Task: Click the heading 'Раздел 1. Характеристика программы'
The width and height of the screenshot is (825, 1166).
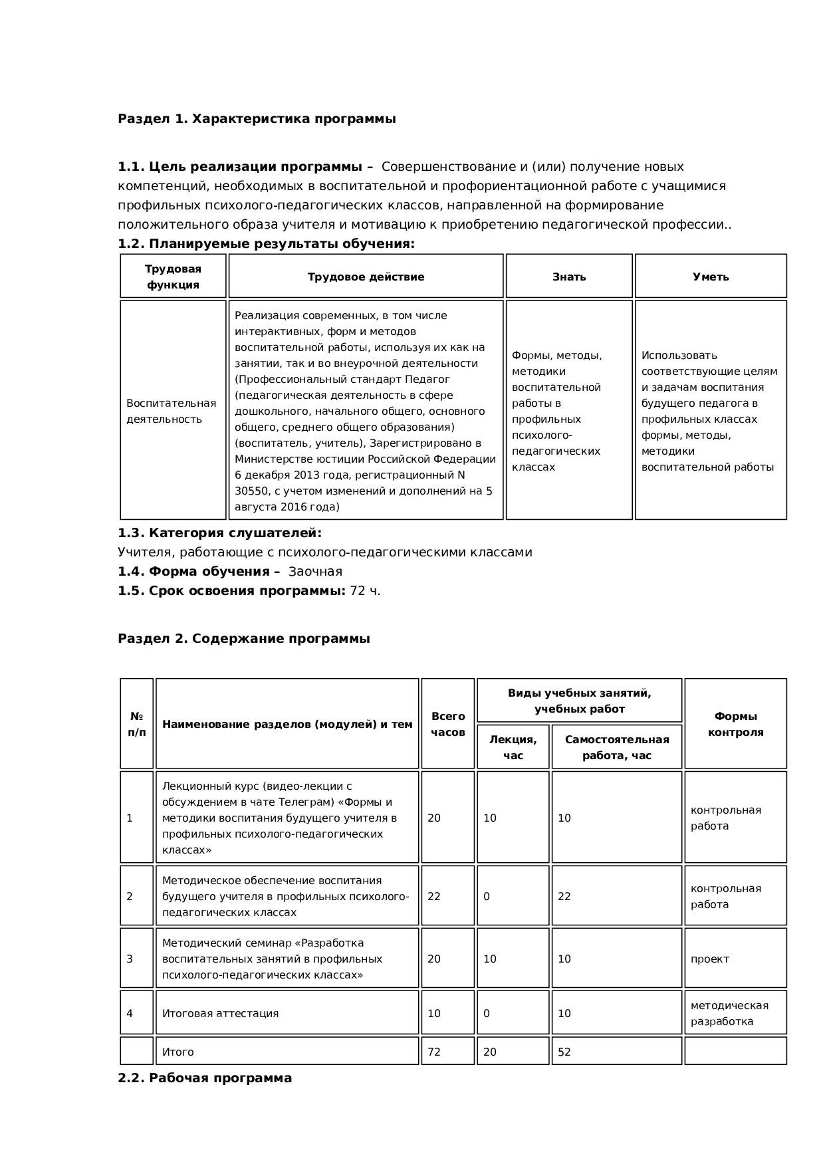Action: tap(257, 119)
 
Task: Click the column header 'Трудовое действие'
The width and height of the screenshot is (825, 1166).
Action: tap(366, 277)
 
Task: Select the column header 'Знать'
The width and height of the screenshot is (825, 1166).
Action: tap(569, 277)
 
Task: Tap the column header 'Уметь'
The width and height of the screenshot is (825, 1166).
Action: tap(711, 277)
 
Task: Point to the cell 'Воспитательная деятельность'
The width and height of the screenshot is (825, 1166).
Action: tap(172, 411)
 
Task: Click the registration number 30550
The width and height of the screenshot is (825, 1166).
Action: tap(250, 491)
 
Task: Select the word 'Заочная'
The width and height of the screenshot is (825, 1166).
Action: tap(315, 572)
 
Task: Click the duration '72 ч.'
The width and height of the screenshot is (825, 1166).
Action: tap(365, 591)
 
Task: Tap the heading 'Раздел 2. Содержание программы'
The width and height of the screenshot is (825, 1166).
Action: tap(244, 639)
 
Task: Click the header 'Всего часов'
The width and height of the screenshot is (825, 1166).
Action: tap(448, 724)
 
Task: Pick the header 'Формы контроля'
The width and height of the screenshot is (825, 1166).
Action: tap(735, 724)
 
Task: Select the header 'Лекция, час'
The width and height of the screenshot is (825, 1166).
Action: tap(513, 747)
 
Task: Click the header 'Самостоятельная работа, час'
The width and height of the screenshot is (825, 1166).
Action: tap(617, 747)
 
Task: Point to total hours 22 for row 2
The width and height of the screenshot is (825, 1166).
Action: tap(434, 896)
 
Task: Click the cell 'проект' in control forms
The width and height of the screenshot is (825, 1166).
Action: tap(710, 959)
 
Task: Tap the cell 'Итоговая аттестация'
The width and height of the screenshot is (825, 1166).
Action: tap(221, 1013)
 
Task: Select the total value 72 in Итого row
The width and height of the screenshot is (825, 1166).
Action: tap(434, 1052)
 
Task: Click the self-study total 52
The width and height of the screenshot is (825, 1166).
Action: tap(564, 1052)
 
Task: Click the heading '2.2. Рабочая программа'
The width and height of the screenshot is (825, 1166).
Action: tap(205, 1078)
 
